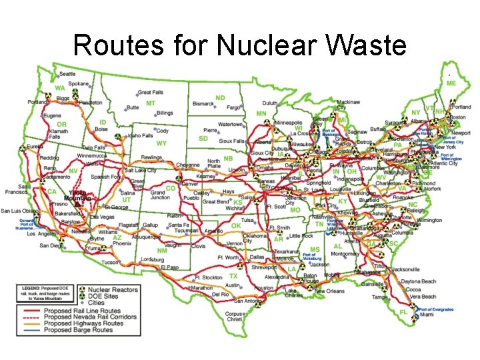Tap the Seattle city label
coord(67,74)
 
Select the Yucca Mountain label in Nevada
coord(79,194)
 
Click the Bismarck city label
coord(203,104)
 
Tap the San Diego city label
coord(51,245)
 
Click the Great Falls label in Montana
coord(149,92)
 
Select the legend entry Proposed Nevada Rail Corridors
coord(90,317)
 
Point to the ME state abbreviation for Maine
coord(451,83)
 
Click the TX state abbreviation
coord(233,275)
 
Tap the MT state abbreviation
coord(151,103)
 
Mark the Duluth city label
coord(269,103)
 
